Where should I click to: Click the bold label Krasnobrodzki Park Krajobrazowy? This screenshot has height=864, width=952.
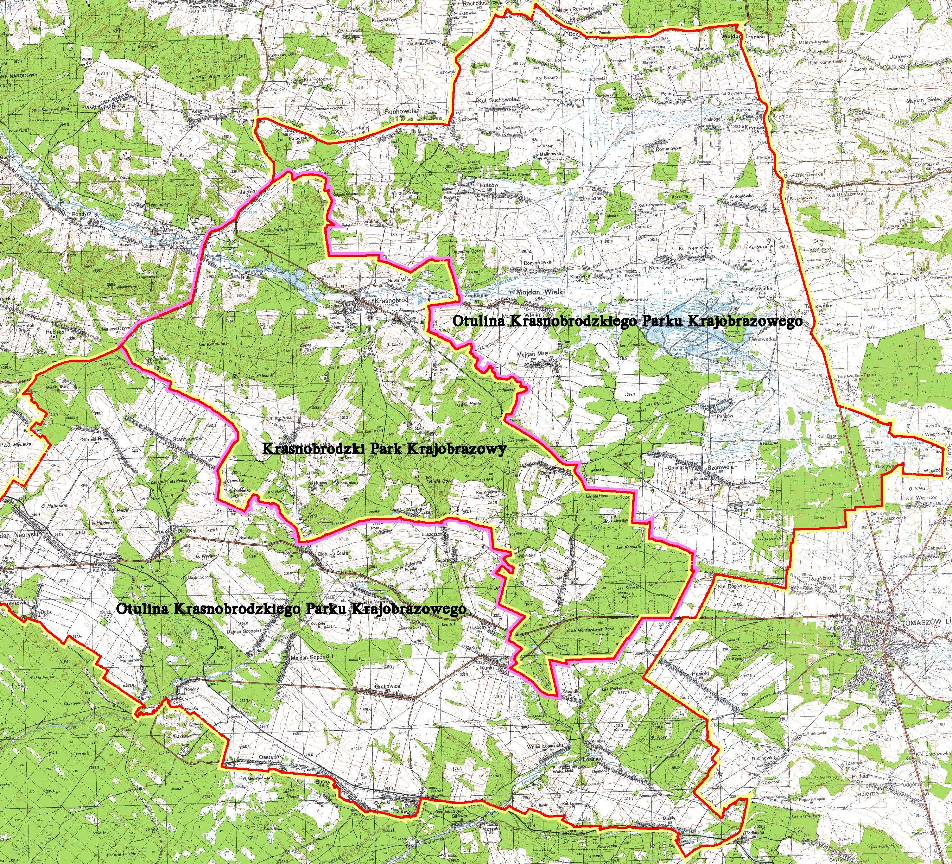pos(383,449)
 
